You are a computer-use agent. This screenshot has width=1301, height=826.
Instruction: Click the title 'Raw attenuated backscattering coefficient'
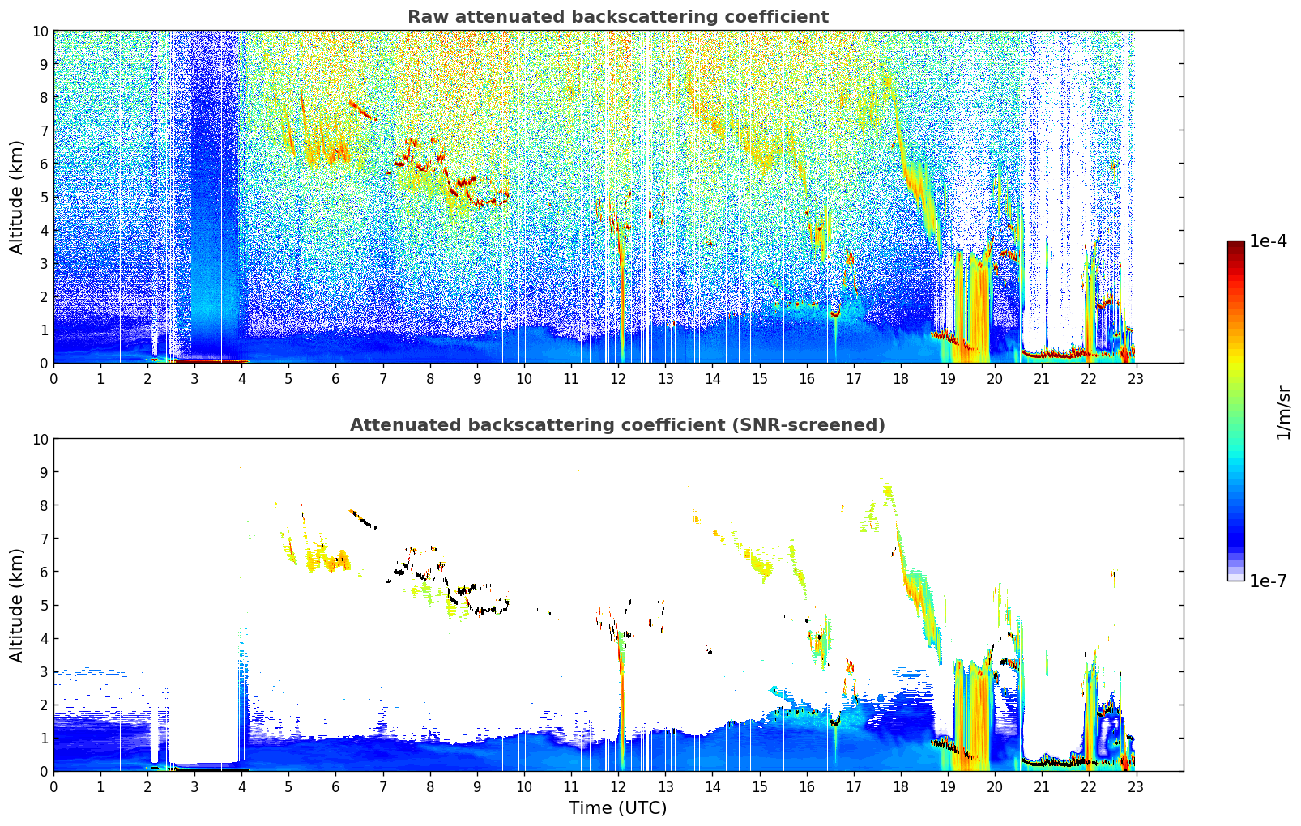(617, 17)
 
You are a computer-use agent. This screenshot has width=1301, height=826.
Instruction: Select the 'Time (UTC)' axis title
(617, 808)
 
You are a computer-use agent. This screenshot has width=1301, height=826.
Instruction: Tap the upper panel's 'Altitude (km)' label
(16, 197)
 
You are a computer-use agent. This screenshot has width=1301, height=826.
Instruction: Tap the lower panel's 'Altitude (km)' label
(16, 605)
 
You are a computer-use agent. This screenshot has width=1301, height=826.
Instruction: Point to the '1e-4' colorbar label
(1268, 241)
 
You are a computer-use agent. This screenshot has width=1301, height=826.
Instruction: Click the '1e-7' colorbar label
(1268, 581)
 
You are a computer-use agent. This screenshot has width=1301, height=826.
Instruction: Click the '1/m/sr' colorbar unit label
(1282, 411)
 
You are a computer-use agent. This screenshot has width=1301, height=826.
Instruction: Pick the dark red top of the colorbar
(1235, 245)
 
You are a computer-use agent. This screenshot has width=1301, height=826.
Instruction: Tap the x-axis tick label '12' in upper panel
(618, 379)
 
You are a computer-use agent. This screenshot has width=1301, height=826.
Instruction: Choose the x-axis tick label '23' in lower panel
(1136, 787)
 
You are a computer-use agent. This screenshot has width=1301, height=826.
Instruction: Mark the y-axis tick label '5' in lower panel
(45, 605)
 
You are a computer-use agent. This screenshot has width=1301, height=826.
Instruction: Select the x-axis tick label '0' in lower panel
(53, 787)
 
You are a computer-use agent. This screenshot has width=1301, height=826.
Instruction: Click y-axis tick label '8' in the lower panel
(45, 505)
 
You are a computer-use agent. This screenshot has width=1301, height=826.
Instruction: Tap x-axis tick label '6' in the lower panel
(335, 787)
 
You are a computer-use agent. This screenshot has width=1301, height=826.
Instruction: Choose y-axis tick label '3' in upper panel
(45, 263)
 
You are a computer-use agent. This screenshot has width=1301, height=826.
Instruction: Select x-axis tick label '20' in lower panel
(995, 787)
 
